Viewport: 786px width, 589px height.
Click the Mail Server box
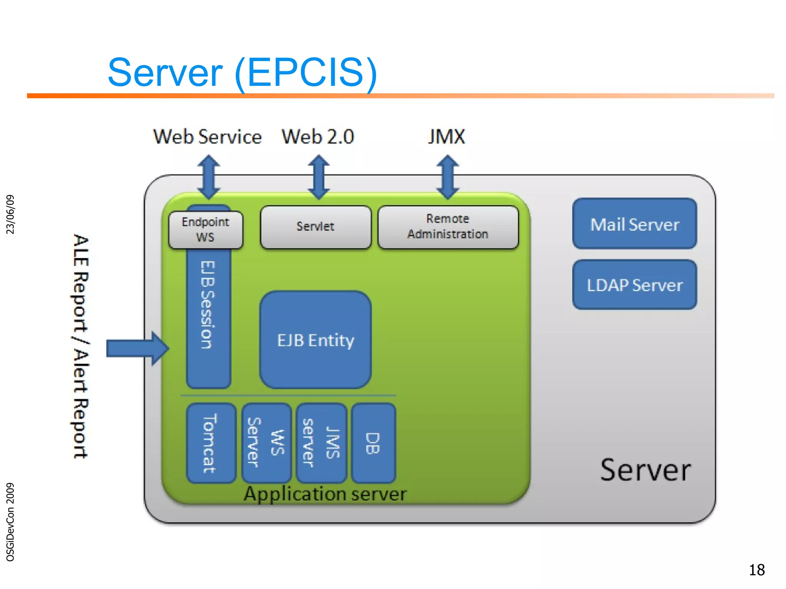click(634, 224)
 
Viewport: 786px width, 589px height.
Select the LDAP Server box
click(634, 285)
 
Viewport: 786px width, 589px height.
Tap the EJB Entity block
click(315, 340)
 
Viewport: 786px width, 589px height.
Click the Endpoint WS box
click(206, 230)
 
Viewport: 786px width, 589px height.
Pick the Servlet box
click(315, 227)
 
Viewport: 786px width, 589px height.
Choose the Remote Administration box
click(448, 227)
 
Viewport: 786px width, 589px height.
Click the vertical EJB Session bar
click(208, 318)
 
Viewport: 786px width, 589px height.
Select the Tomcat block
click(211, 443)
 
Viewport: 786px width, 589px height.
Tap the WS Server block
click(266, 443)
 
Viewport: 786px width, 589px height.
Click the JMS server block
click(321, 443)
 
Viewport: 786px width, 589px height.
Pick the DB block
click(373, 443)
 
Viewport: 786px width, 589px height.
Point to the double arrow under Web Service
click(208, 177)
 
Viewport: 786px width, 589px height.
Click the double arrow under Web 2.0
click(319, 177)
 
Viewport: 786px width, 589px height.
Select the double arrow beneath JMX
click(447, 177)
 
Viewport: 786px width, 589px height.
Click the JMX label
click(446, 137)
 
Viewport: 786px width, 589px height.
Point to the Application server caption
click(325, 494)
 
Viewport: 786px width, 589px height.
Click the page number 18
click(756, 570)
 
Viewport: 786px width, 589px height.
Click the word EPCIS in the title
click(305, 72)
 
